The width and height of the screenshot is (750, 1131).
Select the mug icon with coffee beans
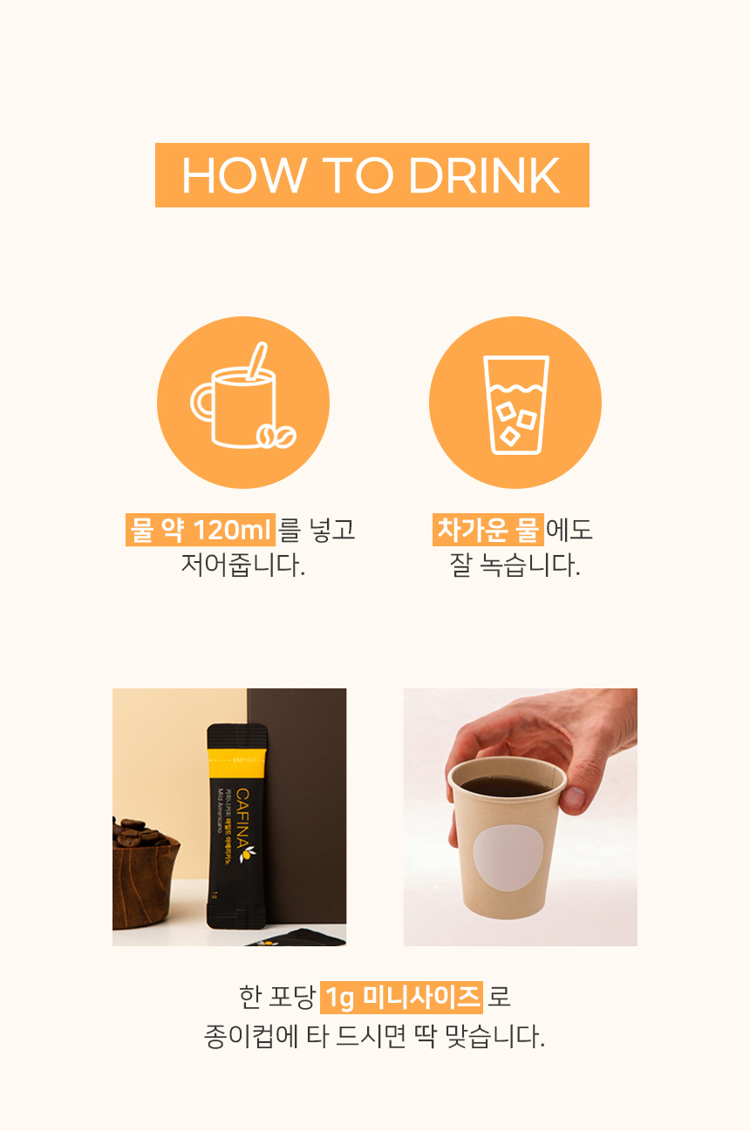pos(243,402)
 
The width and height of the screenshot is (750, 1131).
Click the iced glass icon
pos(515,403)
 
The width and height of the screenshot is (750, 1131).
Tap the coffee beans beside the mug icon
pos(276,436)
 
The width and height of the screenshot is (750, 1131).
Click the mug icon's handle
pos(203,403)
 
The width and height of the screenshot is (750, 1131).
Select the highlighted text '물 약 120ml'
pos(201,530)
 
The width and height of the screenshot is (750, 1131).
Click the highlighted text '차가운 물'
pos(488,530)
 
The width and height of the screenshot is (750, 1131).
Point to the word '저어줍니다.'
pos(243,565)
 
